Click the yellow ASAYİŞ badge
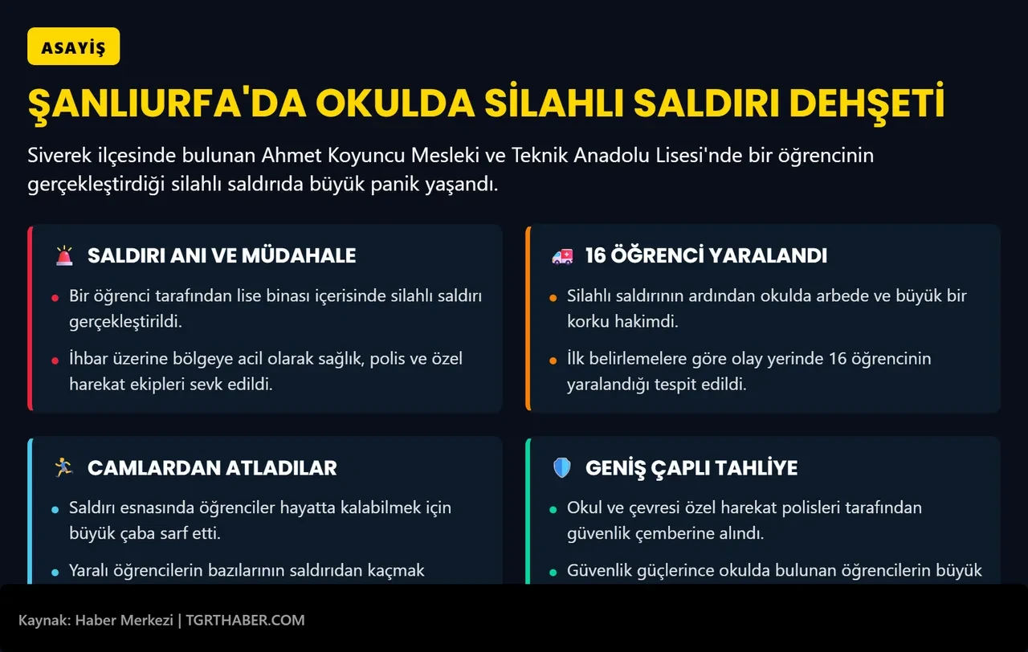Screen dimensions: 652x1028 73,47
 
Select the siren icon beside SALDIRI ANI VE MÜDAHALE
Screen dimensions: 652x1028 64,256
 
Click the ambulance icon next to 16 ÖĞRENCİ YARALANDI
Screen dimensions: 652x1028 562,256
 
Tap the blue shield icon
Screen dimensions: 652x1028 562,468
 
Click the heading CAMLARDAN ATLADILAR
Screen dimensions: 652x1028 212,468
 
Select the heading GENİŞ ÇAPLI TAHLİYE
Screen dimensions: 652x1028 691,468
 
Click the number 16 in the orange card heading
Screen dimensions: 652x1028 595,256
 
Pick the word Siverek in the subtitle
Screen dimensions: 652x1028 57,156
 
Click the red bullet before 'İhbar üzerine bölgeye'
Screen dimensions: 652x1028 55,361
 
